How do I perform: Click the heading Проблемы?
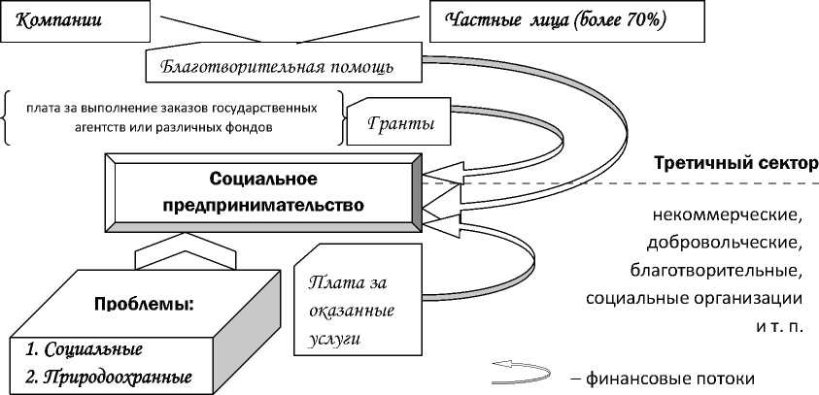click(145, 304)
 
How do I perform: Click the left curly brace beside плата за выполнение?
click(8, 116)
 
